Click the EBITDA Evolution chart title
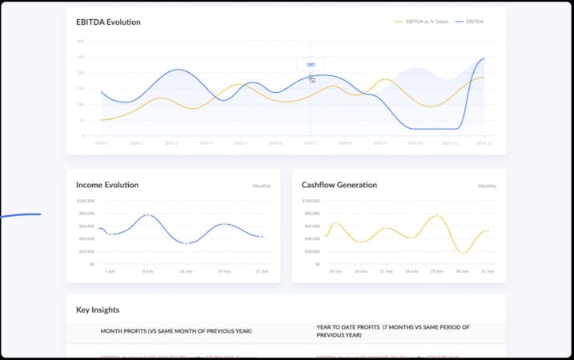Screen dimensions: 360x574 point(108,22)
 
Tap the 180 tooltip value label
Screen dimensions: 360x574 point(311,65)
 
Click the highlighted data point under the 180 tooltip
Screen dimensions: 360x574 point(311,77)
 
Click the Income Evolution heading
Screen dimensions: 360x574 point(107,185)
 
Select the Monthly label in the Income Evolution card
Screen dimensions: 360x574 point(262,186)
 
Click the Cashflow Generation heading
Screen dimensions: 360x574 point(339,185)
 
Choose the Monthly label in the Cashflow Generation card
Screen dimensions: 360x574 point(487,186)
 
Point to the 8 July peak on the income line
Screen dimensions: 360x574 point(148,215)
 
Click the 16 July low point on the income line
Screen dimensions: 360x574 point(187,242)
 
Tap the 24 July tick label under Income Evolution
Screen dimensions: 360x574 point(225,271)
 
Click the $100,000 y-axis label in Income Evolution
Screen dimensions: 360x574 point(86,201)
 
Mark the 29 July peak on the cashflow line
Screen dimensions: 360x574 point(436,216)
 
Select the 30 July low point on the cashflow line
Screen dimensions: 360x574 point(462,253)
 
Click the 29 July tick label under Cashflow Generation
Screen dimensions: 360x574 point(436,271)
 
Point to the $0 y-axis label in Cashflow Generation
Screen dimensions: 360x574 point(318,264)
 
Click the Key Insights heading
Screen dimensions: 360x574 point(98,310)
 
